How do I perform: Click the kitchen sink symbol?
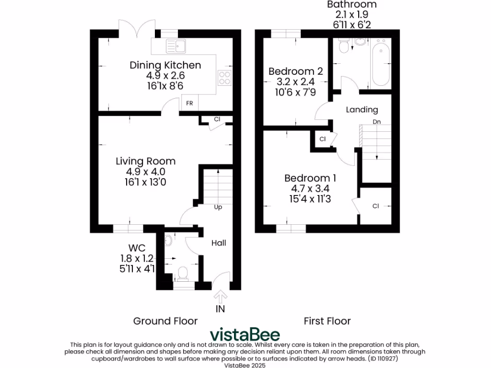coord(176,46)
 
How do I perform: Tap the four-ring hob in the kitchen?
coord(224,77)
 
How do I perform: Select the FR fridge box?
coord(189,103)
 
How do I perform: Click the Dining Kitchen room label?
coord(165,65)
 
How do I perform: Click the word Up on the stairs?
coord(218,207)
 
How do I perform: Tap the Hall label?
coord(219,243)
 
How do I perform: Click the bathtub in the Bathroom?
coord(381,65)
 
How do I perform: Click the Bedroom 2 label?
coord(295,71)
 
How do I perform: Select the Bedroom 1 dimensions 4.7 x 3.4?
coord(310,188)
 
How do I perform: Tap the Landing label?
coord(362,110)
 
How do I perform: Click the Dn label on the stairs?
coord(377,122)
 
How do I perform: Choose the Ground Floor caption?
coord(165,321)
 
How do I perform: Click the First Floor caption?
coord(327,321)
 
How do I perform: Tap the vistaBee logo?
coord(245,334)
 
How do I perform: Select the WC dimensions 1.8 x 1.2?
coord(137,258)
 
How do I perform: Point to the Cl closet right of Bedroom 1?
coord(376,206)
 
